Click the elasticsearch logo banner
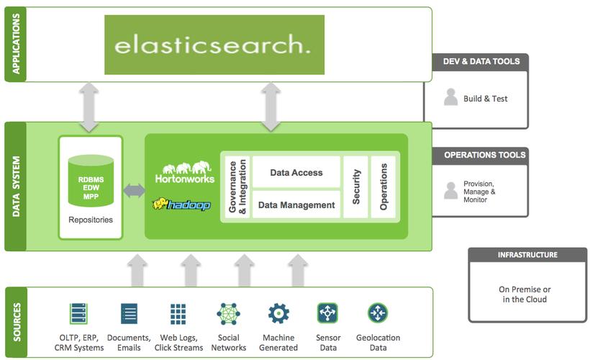point(214,45)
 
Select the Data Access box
point(296,173)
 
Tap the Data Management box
point(296,204)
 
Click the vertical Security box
point(355,187)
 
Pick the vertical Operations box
point(383,187)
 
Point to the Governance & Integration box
point(237,187)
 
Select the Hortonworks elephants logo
point(184,169)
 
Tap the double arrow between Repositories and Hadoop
point(134,192)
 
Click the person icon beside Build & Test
point(450,98)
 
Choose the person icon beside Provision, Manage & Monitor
point(450,191)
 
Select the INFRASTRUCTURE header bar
point(527,255)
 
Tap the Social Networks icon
point(228,314)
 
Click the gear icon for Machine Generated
point(278,314)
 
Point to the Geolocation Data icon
point(378,313)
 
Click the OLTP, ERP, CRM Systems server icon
point(78,314)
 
